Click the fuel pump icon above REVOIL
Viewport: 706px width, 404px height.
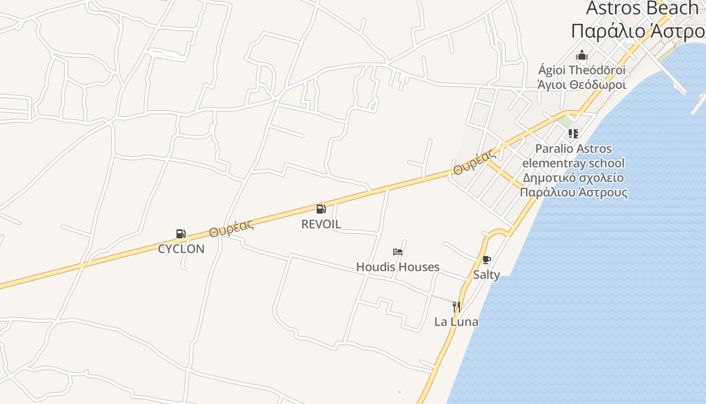[321, 209]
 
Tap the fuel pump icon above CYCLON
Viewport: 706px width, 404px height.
[181, 233]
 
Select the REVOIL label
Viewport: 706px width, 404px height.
[321, 224]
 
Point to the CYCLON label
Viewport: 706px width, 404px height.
[181, 249]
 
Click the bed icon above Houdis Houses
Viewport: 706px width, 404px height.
[398, 251]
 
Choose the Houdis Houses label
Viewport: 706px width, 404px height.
[398, 267]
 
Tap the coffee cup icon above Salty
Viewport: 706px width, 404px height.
[486, 260]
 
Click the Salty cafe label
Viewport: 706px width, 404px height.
[487, 275]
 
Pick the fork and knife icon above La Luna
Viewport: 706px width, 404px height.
[456, 307]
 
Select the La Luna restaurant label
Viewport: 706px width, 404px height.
[456, 322]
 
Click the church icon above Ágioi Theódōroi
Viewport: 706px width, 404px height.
[582, 55]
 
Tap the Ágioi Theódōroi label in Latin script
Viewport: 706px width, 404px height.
[582, 70]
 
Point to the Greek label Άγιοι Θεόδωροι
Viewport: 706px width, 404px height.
[582, 85]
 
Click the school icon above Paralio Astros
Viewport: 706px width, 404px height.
[573, 134]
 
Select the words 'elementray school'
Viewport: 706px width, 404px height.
[573, 163]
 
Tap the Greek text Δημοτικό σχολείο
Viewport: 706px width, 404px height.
[573, 178]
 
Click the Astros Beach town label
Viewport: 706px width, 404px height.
[641, 8]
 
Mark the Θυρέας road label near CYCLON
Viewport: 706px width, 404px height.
[231, 229]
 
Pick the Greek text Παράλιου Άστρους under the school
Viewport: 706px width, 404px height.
[574, 192]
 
